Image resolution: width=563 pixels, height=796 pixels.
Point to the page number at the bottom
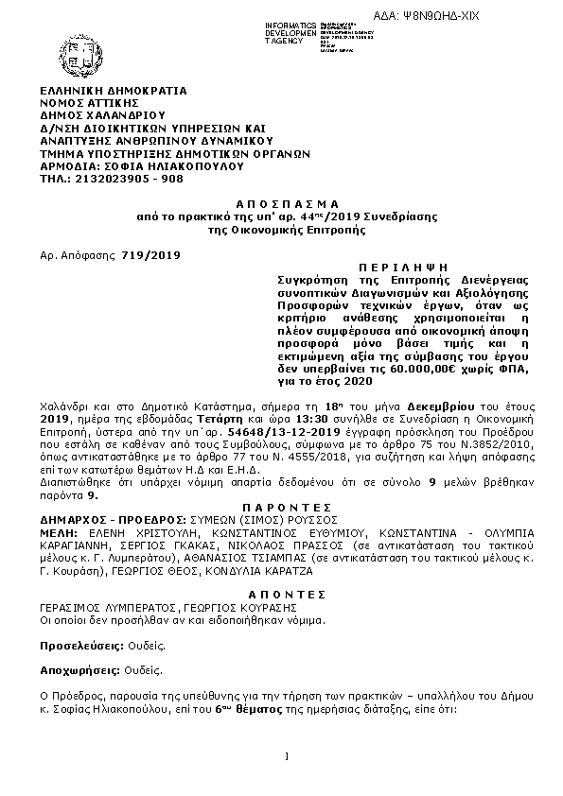coord(285,756)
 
